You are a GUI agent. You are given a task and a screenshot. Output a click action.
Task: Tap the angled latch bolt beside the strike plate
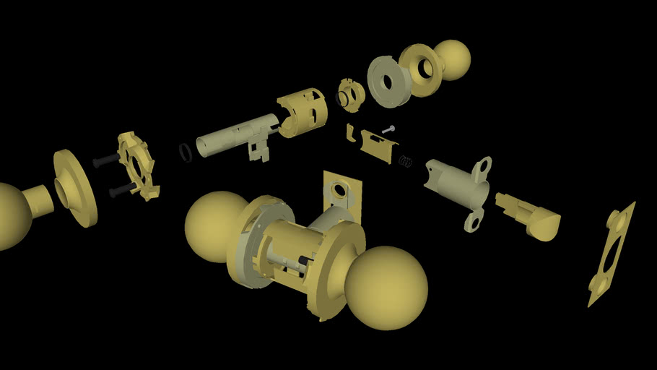[x=531, y=216]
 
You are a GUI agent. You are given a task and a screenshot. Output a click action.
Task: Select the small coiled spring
[x=406, y=161]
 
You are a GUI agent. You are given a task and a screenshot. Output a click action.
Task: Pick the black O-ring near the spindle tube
[x=186, y=152]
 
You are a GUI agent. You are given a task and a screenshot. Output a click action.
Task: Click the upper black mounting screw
[x=107, y=160]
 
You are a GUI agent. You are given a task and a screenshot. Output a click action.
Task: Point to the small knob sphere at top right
[x=453, y=59]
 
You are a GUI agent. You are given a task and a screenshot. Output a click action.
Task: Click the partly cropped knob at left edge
[x=10, y=215]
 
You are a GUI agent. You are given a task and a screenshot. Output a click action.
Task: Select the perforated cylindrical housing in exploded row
[x=303, y=111]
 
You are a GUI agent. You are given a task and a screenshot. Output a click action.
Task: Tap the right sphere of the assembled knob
[x=386, y=287]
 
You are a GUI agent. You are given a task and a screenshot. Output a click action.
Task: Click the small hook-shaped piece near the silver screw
[x=350, y=134]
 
